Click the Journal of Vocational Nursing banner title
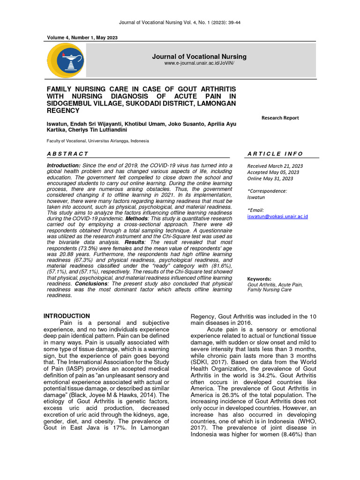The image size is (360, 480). click(199, 57)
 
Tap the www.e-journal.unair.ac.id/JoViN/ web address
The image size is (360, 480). click(199, 63)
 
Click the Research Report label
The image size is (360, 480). click(280, 118)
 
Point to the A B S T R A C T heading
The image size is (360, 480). click(67, 154)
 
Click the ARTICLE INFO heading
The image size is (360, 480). click(275, 154)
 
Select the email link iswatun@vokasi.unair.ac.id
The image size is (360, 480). click(277, 217)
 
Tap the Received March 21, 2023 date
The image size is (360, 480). click(275, 166)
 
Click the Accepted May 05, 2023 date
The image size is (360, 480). click(274, 172)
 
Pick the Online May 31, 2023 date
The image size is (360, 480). click(270, 179)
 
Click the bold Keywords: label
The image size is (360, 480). click(259, 278)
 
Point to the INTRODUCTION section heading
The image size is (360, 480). click(67, 316)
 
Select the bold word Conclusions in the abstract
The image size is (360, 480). click(78, 284)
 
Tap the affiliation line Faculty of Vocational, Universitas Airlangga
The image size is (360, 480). click(97, 141)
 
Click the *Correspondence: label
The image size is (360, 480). click(267, 191)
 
